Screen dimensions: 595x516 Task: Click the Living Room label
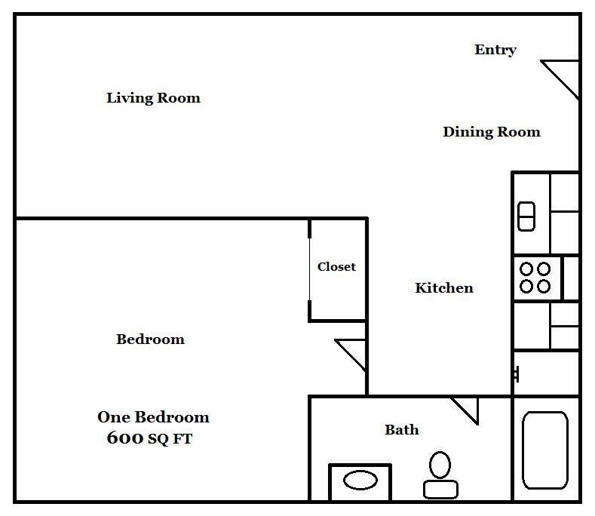pyautogui.click(x=153, y=98)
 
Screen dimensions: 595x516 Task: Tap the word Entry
pyautogui.click(x=495, y=50)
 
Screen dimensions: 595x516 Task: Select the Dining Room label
pyautogui.click(x=492, y=132)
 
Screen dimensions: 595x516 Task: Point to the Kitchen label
pyautogui.click(x=444, y=288)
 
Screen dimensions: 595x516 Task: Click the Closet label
pyautogui.click(x=336, y=266)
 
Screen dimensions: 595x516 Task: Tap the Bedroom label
pyautogui.click(x=150, y=339)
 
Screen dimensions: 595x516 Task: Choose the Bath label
pyautogui.click(x=402, y=430)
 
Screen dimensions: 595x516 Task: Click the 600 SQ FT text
pyautogui.click(x=149, y=438)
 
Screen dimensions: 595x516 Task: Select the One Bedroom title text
pyautogui.click(x=153, y=417)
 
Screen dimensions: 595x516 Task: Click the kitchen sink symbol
pyautogui.click(x=526, y=217)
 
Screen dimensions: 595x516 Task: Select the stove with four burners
pyautogui.click(x=537, y=278)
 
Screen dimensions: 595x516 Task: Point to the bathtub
pyautogui.click(x=545, y=450)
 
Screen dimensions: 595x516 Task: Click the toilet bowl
pyautogui.click(x=440, y=465)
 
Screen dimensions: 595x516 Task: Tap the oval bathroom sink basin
pyautogui.click(x=360, y=480)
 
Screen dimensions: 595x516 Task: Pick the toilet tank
pyautogui.click(x=440, y=490)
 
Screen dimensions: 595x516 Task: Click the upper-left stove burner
pyautogui.click(x=526, y=269)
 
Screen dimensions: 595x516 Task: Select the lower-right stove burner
pyautogui.click(x=544, y=286)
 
